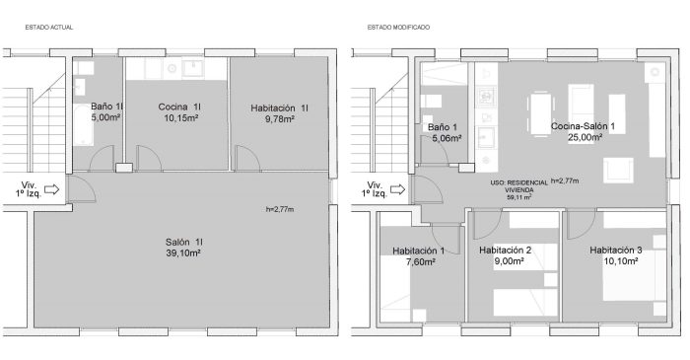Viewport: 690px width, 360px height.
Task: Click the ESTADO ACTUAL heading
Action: (49, 28)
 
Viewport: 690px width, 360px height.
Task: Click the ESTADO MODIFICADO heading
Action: (398, 28)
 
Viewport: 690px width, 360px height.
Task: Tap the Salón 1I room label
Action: (184, 242)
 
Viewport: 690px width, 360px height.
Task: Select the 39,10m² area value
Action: (183, 253)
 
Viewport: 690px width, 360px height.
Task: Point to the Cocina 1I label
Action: (179, 107)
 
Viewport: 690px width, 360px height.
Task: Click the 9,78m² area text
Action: (280, 118)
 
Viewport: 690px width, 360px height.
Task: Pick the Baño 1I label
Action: (107, 107)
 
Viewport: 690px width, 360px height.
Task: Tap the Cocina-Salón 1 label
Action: (583, 127)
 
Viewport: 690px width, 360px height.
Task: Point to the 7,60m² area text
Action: (419, 261)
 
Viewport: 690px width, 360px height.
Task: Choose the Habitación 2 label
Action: (505, 251)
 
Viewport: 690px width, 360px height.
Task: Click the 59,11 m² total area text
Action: (519, 197)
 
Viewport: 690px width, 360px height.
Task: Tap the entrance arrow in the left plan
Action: (52, 189)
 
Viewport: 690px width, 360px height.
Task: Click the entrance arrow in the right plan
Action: (398, 189)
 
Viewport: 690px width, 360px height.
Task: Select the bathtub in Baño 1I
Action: (83, 125)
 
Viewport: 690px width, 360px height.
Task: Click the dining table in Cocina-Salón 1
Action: (540, 114)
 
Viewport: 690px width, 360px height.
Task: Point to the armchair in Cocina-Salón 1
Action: (618, 170)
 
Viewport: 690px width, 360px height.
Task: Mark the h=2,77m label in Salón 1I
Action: (280, 209)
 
